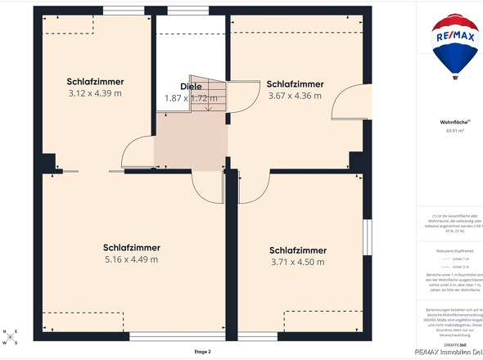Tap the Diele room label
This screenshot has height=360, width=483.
(190, 87)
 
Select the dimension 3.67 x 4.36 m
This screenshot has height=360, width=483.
(295, 96)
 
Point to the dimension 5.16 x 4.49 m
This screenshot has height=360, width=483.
(131, 259)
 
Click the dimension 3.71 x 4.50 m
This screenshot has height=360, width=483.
(298, 262)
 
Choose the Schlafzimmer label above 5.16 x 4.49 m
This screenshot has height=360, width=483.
(131, 247)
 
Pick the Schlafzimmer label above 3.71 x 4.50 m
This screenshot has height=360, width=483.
(298, 250)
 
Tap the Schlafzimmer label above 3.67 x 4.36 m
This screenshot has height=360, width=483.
(295, 84)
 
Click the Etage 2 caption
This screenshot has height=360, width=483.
(202, 351)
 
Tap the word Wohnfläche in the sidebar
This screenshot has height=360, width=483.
(454, 121)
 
